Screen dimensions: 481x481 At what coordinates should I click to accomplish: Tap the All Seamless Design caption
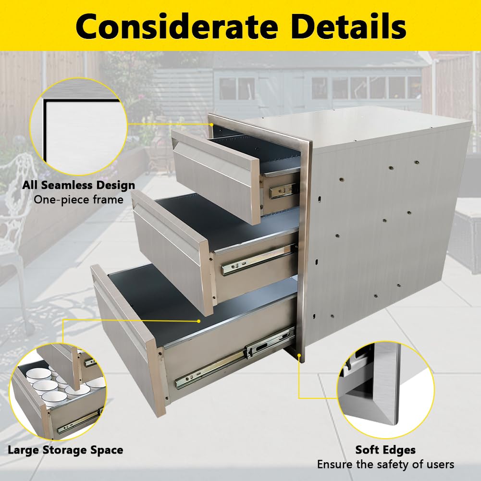pos(78,185)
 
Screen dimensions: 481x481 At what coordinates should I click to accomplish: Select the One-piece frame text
pos(78,200)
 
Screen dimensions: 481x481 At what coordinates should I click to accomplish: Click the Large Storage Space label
pos(65,450)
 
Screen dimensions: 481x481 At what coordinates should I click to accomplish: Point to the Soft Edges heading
pos(385,450)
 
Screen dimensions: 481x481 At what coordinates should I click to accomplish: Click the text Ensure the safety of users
pos(385,465)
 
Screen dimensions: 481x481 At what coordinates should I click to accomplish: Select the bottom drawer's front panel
pos(129,337)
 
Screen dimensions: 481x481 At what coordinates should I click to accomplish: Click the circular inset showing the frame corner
pos(78,127)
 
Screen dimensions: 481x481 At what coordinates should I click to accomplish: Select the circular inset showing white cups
pos(58,392)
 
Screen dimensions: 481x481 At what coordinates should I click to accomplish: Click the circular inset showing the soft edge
pos(385,390)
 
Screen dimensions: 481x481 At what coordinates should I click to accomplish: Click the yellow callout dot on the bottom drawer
pos(199,321)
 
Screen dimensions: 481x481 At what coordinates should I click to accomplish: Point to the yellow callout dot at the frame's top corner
pos(211,124)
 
